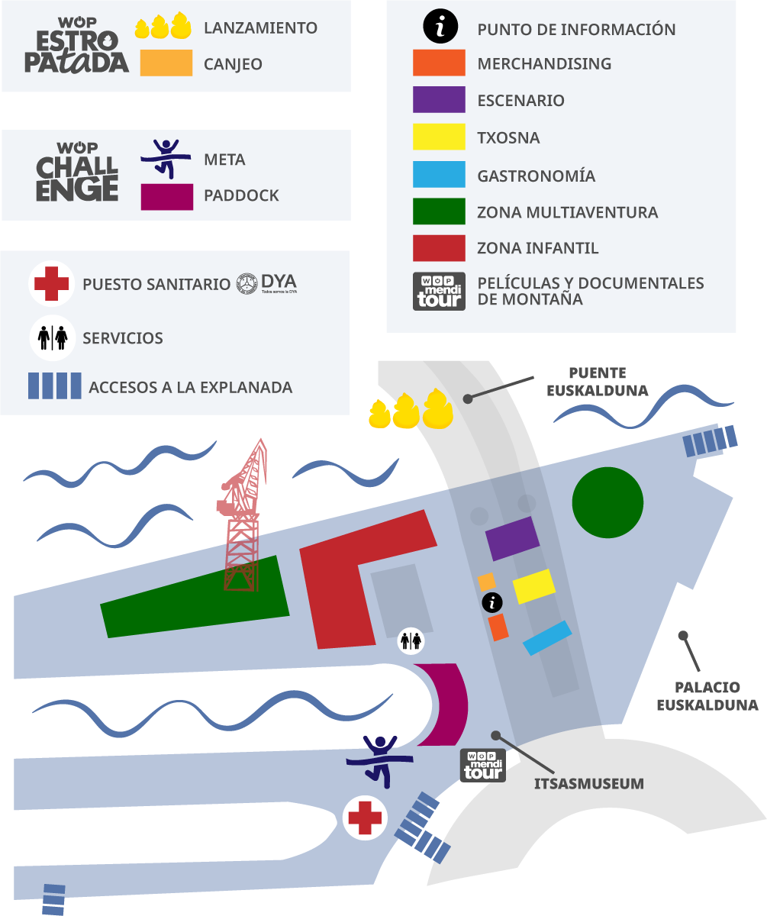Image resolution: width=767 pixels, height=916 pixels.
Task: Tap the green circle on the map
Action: click(x=607, y=503)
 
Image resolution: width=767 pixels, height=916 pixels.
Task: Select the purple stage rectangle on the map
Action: click(x=512, y=538)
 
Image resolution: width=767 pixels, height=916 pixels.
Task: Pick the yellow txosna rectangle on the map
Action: click(x=533, y=586)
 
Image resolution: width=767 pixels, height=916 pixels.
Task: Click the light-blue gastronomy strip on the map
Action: click(x=547, y=638)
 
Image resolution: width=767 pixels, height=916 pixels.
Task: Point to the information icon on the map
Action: click(x=493, y=603)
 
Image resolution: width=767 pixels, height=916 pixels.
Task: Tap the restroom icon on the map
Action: click(x=411, y=641)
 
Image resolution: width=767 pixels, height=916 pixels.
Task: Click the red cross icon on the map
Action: click(x=365, y=818)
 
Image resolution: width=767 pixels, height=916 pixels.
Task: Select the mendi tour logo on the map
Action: click(x=483, y=765)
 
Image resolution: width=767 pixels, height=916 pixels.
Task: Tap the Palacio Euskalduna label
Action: click(x=707, y=696)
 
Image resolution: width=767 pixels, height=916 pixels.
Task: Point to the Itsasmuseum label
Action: click(x=588, y=783)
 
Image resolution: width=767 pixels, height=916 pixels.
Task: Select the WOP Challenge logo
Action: click(x=77, y=173)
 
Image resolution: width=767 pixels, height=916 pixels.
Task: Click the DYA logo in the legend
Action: click(x=266, y=283)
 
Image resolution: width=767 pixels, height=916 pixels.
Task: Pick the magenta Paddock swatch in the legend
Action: click(x=166, y=196)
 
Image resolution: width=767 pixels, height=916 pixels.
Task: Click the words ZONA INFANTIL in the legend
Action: click(x=537, y=248)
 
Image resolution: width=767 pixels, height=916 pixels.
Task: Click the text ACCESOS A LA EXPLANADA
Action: click(x=190, y=387)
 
